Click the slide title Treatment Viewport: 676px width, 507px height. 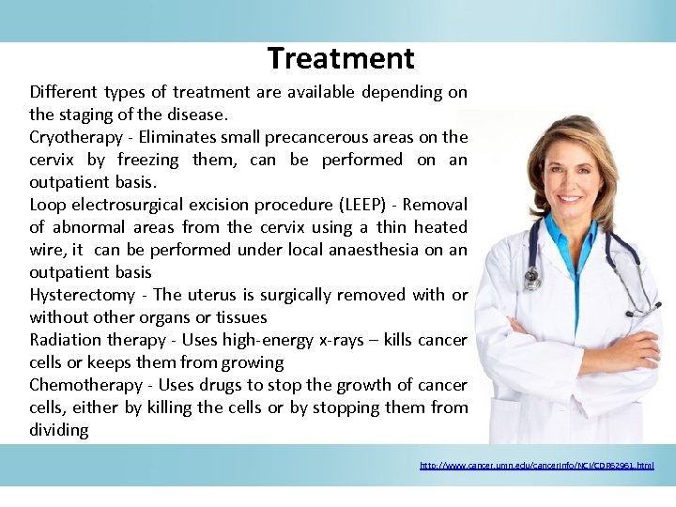(x=341, y=58)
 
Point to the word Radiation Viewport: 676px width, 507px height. (x=63, y=340)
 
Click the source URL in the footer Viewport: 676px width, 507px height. (x=536, y=465)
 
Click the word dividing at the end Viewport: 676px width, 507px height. (x=59, y=430)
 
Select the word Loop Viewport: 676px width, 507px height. (x=47, y=205)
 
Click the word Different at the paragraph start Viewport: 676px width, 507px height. (x=63, y=92)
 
